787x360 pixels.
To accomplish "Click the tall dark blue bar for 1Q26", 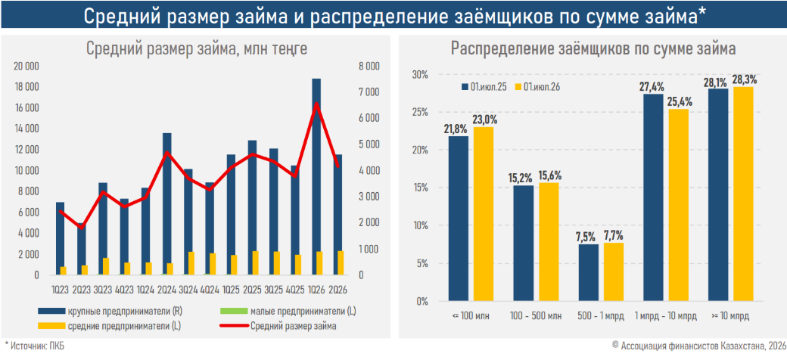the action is (316, 176).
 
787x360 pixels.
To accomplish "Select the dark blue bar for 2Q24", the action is (167, 203).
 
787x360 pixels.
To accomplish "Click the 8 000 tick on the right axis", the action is (368, 67).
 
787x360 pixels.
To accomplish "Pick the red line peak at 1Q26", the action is (316, 104).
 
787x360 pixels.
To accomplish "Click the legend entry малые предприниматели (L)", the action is (288, 312).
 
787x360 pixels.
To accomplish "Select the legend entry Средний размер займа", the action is (279, 326).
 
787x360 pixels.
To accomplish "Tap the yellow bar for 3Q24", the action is (191, 263).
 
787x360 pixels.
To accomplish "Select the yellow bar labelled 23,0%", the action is (484, 214).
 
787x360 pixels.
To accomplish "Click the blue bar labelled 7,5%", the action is (588, 273).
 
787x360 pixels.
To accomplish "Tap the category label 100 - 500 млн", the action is (535, 316).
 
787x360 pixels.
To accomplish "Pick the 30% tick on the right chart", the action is (420, 75).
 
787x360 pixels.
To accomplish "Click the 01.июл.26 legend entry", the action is (538, 87).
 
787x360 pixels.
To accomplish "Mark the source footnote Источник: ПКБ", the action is (35, 346).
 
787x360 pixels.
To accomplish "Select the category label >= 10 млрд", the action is (730, 316).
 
